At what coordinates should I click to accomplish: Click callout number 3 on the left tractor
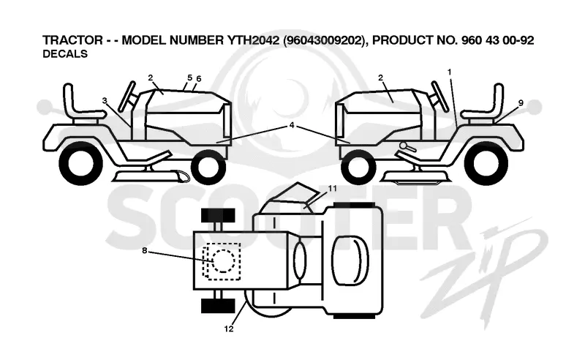point(105,100)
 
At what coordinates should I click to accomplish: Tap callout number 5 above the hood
point(190,78)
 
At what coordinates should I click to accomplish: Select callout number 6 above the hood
point(198,79)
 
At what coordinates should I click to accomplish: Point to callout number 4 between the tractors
point(292,125)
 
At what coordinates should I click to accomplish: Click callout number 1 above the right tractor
point(450,72)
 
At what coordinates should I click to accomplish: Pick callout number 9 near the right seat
point(521,102)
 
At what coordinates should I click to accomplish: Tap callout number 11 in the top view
point(332,188)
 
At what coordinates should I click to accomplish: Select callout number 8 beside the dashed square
point(145,250)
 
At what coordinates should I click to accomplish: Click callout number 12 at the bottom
point(229,329)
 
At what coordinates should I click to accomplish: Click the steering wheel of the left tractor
point(127,97)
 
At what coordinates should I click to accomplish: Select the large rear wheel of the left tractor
point(81,163)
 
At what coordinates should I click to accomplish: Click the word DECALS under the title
point(65,54)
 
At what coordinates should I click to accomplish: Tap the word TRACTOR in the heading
point(72,40)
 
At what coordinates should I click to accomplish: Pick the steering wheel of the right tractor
point(440,97)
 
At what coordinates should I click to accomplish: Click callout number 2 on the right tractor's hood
point(380,78)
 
